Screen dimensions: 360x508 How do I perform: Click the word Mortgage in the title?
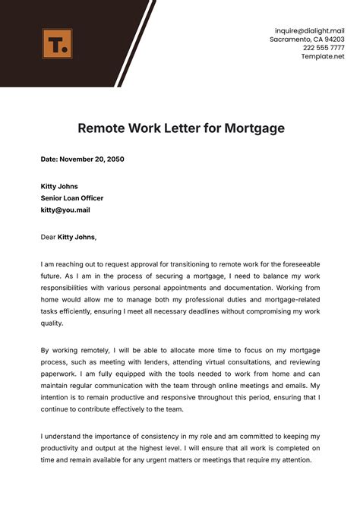[x=254, y=128]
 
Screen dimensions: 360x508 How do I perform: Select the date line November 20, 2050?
[x=82, y=159]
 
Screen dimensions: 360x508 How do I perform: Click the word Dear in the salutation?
[x=49, y=237]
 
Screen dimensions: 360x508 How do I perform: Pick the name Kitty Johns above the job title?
[x=59, y=186]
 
